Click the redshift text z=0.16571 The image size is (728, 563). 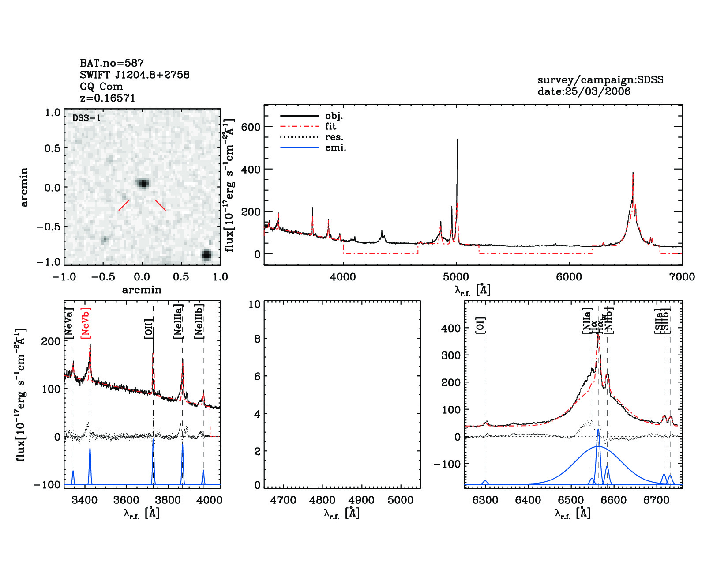(x=108, y=98)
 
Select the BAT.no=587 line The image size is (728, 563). (x=112, y=63)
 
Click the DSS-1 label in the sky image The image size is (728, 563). (x=86, y=118)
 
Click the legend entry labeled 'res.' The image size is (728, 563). (x=334, y=137)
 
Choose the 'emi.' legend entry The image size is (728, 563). (x=335, y=148)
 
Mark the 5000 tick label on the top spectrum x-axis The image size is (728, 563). (x=456, y=277)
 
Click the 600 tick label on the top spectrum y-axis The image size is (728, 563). (x=251, y=127)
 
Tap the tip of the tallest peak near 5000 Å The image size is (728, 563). (x=457, y=140)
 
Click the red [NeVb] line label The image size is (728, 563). (x=86, y=323)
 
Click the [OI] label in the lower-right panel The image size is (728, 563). (x=480, y=325)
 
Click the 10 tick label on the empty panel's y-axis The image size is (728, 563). (x=255, y=304)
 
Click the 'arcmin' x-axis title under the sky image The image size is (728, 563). (x=142, y=290)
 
